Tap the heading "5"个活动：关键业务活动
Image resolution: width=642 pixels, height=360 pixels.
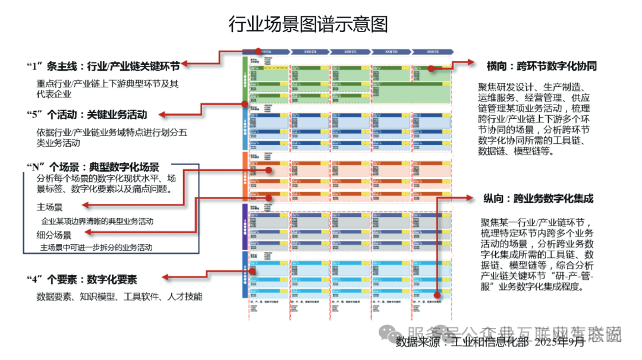point(87,114)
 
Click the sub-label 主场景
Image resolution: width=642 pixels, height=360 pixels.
point(49,207)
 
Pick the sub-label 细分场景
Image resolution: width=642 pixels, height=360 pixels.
point(53,235)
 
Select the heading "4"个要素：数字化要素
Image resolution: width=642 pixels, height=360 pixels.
point(82,279)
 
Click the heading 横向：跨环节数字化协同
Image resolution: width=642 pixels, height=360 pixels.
point(541,65)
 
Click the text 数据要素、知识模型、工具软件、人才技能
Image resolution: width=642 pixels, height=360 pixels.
point(119,296)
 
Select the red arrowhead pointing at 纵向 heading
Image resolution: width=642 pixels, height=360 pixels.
point(470,197)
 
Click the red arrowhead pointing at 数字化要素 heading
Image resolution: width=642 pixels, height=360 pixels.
point(166,277)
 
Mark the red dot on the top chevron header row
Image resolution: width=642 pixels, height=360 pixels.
point(259,52)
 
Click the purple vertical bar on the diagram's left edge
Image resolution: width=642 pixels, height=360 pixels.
point(245,226)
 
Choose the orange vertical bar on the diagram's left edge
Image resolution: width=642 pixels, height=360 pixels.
point(245,176)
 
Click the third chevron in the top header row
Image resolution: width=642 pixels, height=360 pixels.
point(349,52)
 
